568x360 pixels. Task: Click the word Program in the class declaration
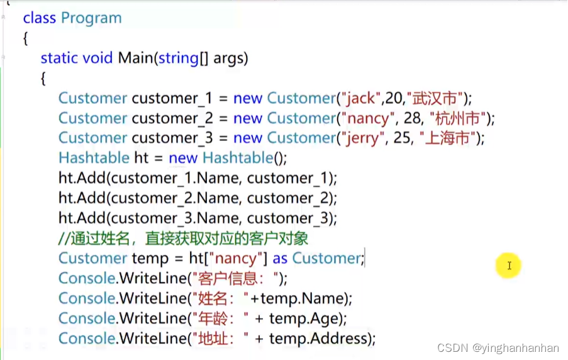(x=91, y=18)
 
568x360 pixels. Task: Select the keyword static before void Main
(x=59, y=58)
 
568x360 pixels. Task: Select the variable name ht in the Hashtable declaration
(x=142, y=158)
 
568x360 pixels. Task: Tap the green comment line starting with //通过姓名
(x=183, y=239)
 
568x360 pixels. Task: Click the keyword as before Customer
(x=280, y=258)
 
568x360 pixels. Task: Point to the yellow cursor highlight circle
(x=508, y=266)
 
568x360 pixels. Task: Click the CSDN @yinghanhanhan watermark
(x=498, y=348)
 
